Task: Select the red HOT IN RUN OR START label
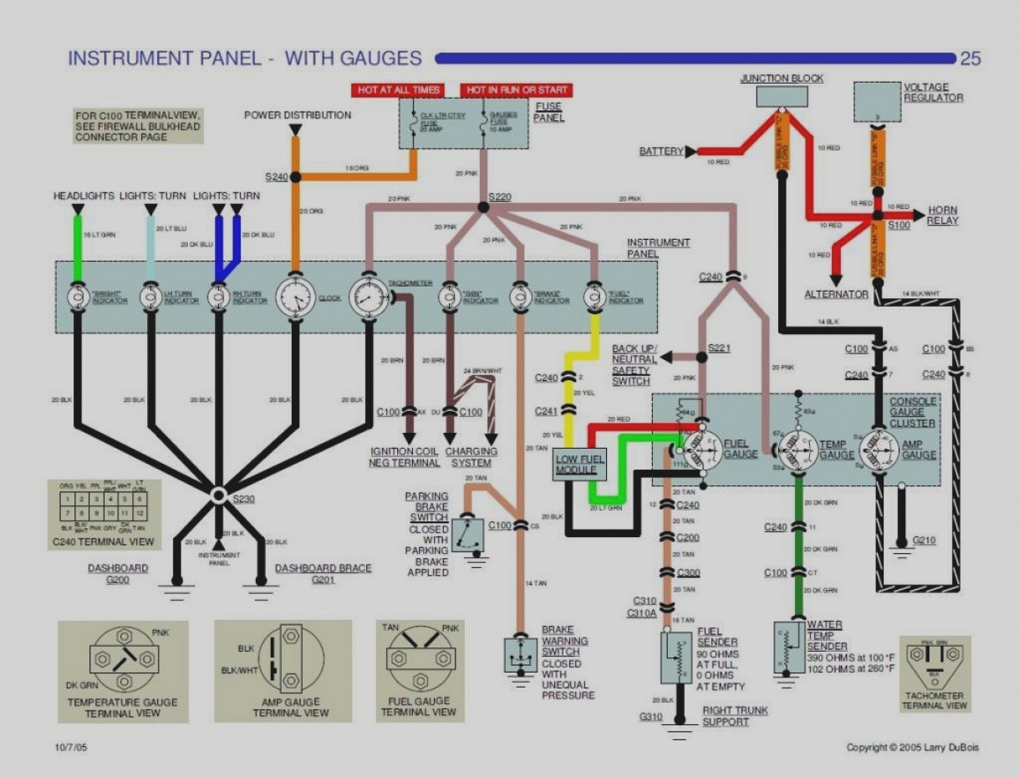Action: (x=517, y=90)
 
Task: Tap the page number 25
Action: (x=970, y=58)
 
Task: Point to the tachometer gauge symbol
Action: (x=368, y=296)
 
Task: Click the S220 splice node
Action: (x=482, y=207)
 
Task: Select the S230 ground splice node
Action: (x=218, y=495)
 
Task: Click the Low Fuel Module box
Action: (x=577, y=464)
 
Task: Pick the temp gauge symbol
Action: (x=798, y=449)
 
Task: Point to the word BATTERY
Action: (x=660, y=151)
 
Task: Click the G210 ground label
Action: (x=924, y=541)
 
